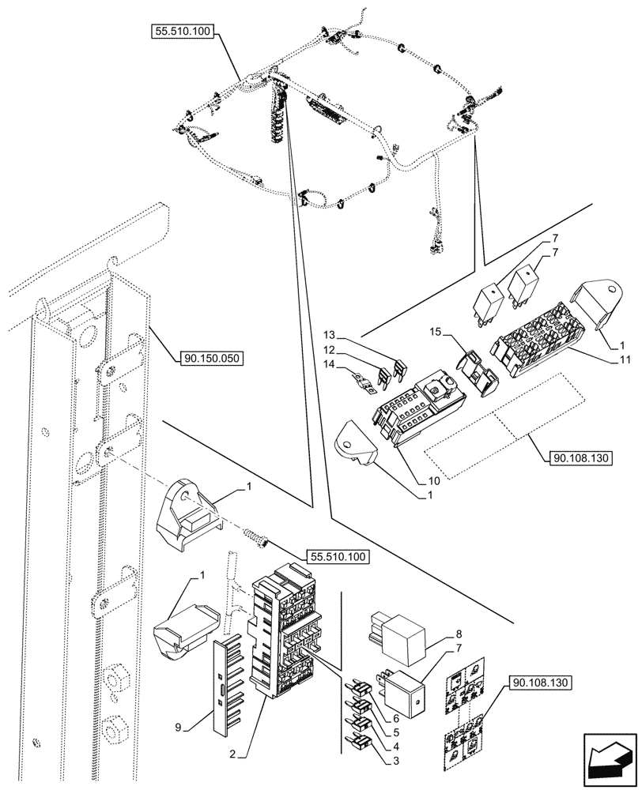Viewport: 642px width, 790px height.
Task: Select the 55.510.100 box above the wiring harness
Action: point(183,32)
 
